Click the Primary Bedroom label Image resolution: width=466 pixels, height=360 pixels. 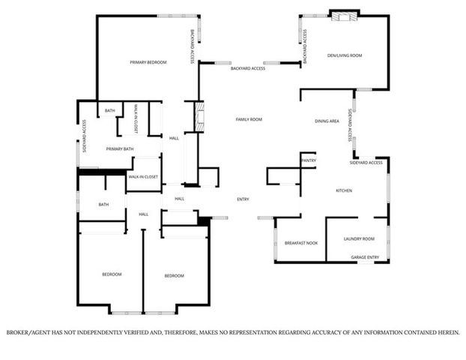[x=148, y=62]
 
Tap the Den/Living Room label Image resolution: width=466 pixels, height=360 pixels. [x=345, y=55]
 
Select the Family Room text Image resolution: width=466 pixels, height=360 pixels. [x=249, y=119]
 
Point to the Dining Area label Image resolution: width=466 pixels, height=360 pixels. [x=327, y=121]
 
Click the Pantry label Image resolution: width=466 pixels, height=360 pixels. [x=308, y=160]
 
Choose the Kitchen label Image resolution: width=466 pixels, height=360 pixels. [x=344, y=190]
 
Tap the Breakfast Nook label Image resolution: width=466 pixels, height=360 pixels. [x=301, y=244]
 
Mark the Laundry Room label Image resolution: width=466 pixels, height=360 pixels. [x=359, y=239]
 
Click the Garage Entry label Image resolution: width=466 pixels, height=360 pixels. [x=365, y=257]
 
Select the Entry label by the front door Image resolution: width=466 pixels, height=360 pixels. [x=243, y=199]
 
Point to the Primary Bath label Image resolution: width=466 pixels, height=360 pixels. [x=119, y=149]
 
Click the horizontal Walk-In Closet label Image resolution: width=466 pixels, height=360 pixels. [x=142, y=176]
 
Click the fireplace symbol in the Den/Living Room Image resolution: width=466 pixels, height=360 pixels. [x=345, y=15]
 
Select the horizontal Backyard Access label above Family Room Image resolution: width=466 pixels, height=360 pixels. [x=247, y=68]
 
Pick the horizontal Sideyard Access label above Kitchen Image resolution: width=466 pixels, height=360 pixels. [x=366, y=163]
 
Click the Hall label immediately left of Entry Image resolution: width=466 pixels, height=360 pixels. [x=180, y=199]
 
